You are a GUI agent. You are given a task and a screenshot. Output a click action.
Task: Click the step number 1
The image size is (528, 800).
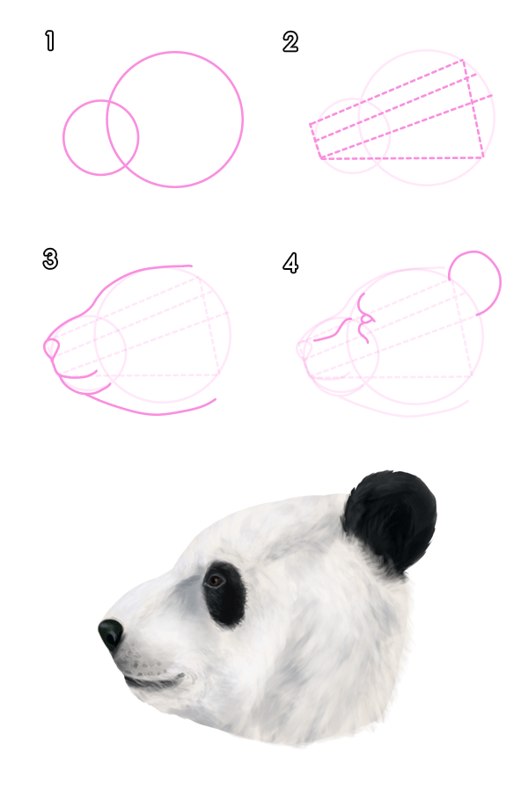pos(49,40)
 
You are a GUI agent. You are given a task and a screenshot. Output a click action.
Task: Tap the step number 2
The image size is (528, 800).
pos(290,41)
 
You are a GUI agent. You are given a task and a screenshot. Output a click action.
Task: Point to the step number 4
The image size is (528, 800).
pos(290,262)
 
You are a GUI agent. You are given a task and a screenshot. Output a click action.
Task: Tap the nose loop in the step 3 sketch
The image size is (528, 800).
pos(51,349)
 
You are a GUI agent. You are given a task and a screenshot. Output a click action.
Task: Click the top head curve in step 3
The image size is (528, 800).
pos(141,269)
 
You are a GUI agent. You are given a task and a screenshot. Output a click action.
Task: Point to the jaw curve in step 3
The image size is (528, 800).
pos(158,411)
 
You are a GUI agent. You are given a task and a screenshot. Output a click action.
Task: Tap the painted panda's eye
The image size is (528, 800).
pos(216,580)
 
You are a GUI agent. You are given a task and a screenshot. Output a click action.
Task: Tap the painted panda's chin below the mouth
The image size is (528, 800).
pos(167,699)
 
